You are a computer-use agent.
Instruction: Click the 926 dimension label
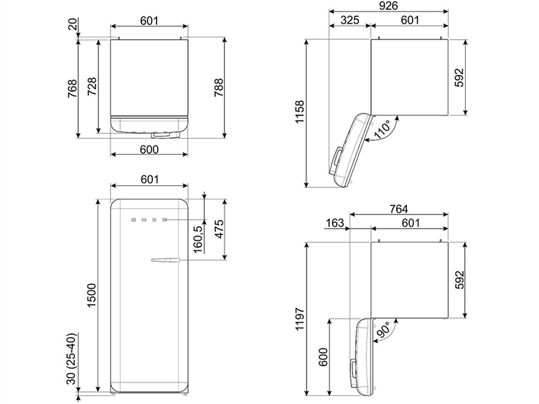point(389,5)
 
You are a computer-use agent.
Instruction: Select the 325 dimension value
point(350,20)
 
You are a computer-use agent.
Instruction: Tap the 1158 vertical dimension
point(299,112)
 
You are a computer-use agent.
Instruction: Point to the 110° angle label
point(381,129)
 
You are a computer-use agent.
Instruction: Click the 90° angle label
point(382,330)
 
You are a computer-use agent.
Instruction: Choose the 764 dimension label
point(398,209)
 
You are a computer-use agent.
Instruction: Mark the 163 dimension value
point(334,223)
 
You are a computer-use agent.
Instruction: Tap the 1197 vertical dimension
point(299,318)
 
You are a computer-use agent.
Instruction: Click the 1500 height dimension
point(92,296)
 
